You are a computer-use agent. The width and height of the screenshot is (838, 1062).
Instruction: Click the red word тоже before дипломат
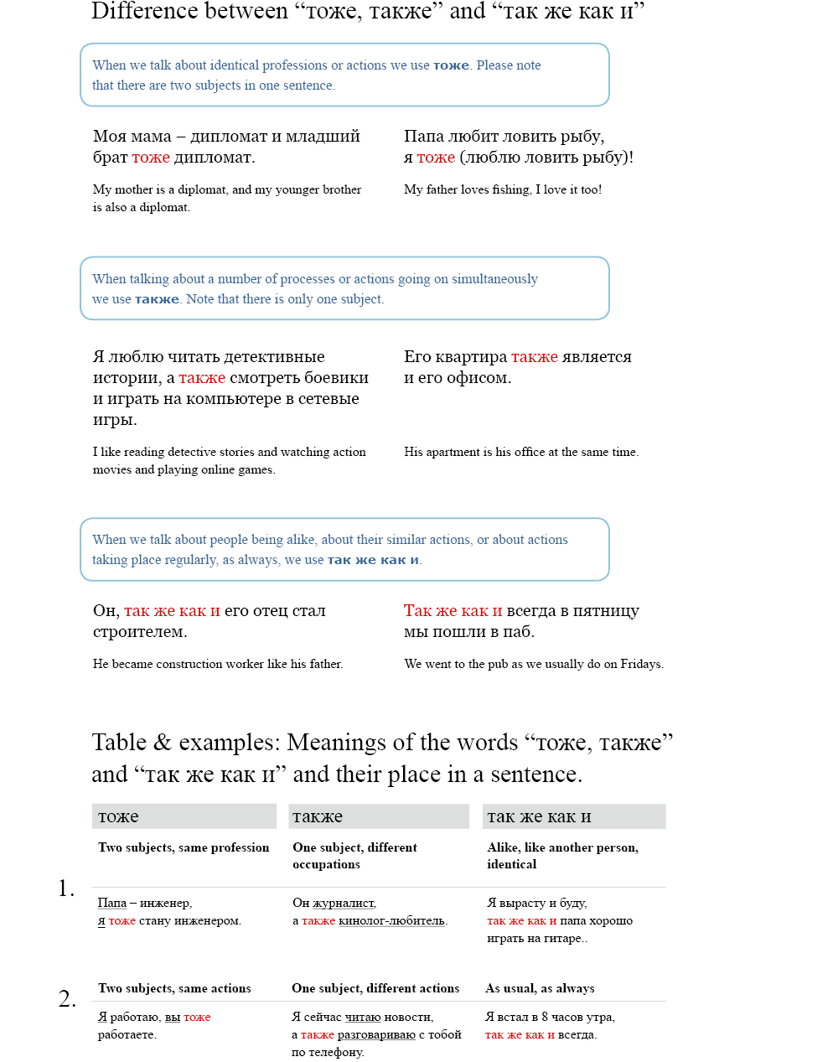pos(151,158)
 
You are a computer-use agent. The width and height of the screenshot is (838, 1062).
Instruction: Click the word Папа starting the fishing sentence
pos(424,137)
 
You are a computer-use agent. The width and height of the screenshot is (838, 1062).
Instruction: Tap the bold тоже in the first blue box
pos(451,65)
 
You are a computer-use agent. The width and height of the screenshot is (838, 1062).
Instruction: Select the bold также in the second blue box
pos(157,299)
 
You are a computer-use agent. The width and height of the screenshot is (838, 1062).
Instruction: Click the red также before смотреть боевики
pos(202,378)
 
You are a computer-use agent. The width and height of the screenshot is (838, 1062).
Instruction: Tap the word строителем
pos(139,632)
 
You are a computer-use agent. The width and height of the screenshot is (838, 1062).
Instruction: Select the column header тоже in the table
pos(118,816)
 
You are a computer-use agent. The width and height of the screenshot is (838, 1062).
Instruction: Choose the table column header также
pos(317,816)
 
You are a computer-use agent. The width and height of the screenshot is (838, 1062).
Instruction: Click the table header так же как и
pos(539,816)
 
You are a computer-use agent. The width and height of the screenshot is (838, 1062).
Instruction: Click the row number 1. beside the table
pos(66,888)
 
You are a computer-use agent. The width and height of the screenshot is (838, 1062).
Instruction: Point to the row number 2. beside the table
pos(67,999)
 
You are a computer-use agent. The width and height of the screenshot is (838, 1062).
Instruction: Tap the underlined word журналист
pos(344,904)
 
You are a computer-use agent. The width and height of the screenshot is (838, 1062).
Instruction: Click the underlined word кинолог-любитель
pos(391,921)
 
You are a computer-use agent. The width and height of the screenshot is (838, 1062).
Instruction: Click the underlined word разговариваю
pos(376,1035)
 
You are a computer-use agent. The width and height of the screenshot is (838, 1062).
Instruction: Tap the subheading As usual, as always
pos(540,989)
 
